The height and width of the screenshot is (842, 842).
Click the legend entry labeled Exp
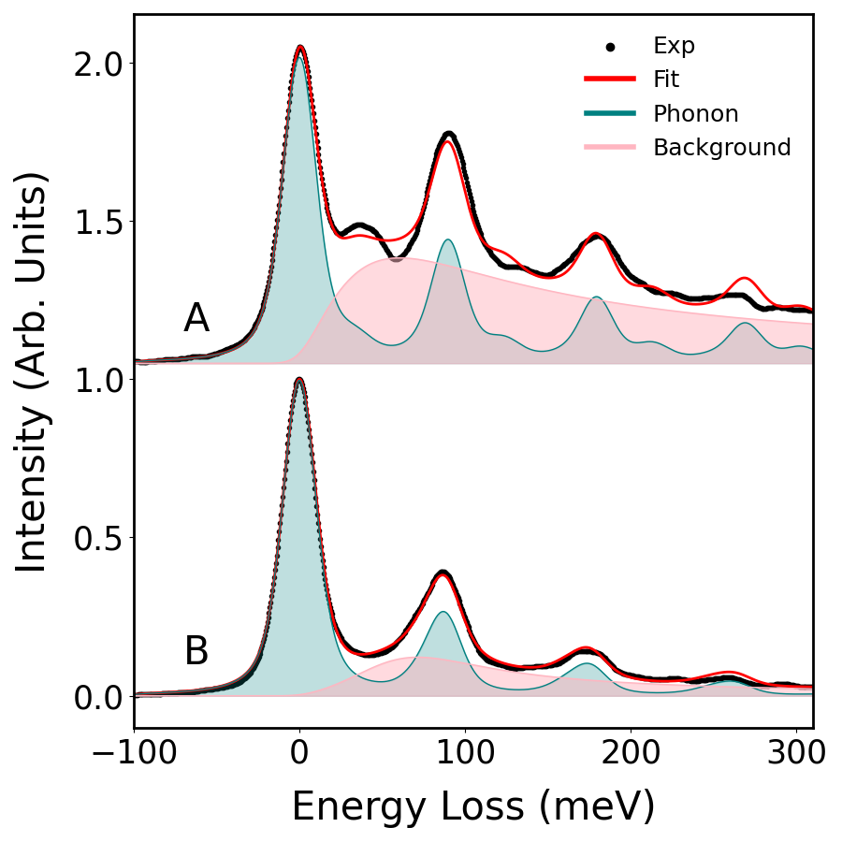[x=674, y=46]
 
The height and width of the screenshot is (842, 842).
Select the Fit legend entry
[x=666, y=80]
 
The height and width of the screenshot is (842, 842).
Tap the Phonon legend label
[x=695, y=114]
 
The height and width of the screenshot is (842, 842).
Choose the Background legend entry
[x=721, y=148]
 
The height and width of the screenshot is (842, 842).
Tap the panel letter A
[x=196, y=320]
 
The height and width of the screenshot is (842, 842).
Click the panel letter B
[x=196, y=652]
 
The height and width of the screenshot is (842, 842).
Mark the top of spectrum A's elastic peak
[x=300, y=47]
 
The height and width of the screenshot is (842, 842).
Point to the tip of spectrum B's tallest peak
[x=299, y=379]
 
